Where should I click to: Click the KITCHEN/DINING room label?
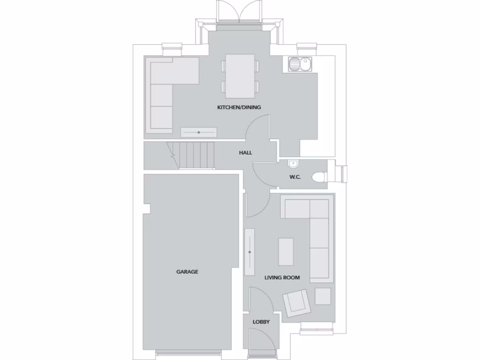tap(239, 107)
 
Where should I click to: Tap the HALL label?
tap(245, 153)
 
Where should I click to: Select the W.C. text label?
tap(295, 177)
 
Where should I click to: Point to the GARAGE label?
tap(187, 271)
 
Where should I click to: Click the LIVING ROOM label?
tap(282, 277)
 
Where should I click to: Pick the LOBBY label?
tap(261, 322)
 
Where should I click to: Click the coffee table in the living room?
tap(286, 252)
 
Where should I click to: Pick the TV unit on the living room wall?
tap(250, 252)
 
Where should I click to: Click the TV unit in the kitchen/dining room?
tap(199, 133)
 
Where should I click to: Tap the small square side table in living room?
tap(322, 296)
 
